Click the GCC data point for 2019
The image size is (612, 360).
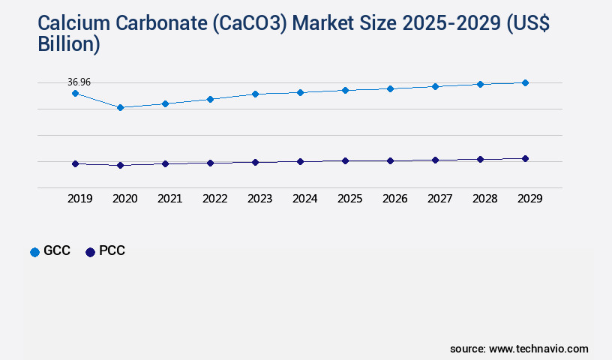click(75, 93)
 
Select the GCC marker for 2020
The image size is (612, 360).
click(120, 107)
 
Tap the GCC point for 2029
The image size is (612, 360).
click(525, 82)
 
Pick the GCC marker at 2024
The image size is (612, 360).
click(300, 92)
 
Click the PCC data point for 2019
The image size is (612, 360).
click(75, 163)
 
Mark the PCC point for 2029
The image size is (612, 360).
click(525, 158)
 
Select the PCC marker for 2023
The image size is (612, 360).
click(255, 162)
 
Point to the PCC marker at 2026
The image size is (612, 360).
click(390, 160)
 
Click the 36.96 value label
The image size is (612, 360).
click(79, 82)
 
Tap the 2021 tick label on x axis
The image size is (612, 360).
click(169, 199)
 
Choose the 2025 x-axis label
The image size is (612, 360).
click(349, 199)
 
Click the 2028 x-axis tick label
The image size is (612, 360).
click(484, 199)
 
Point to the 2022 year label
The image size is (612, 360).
click(214, 199)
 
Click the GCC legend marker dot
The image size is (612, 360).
click(34, 252)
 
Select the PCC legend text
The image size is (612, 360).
click(112, 251)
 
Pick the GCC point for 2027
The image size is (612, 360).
click(435, 86)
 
